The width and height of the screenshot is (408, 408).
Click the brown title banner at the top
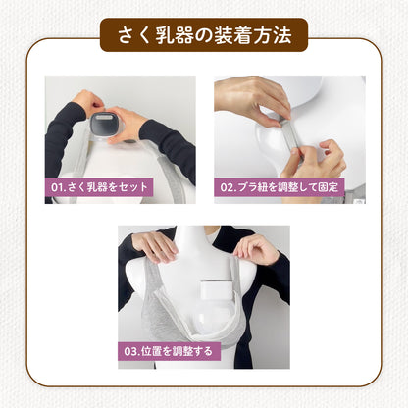[203, 34]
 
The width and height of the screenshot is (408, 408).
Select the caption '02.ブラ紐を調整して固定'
[280, 185]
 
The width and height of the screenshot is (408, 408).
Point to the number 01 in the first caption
[59, 185]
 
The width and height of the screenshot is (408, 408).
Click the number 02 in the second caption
[229, 185]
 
